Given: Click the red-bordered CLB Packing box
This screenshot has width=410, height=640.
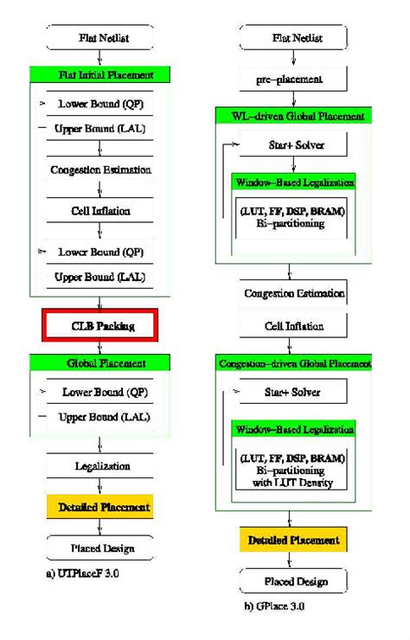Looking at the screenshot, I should (x=99, y=325).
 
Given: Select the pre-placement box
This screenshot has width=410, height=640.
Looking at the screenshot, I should (x=294, y=80).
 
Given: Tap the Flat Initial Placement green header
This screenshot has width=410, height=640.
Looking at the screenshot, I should (x=99, y=75).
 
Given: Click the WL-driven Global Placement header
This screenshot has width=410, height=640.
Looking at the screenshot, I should (x=294, y=116).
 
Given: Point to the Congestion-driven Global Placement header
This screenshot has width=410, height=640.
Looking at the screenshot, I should (x=294, y=362).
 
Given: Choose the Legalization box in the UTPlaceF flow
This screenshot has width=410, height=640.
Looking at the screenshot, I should (x=99, y=466).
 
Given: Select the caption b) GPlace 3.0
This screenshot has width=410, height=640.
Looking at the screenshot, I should (x=275, y=606).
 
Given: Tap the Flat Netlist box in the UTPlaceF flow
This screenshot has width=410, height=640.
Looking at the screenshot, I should (x=99, y=38).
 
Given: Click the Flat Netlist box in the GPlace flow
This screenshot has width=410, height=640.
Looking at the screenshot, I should (x=294, y=38).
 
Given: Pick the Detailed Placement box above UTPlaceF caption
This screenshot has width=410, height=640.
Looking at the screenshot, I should (x=99, y=507).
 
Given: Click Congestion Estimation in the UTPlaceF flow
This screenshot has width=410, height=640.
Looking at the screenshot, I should (x=99, y=170).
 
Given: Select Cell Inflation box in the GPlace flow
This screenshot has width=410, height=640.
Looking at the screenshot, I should (x=294, y=327).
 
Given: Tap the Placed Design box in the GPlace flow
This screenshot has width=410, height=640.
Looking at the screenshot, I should (x=294, y=580).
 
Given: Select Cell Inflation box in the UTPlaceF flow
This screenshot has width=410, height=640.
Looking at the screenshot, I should (x=99, y=210).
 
